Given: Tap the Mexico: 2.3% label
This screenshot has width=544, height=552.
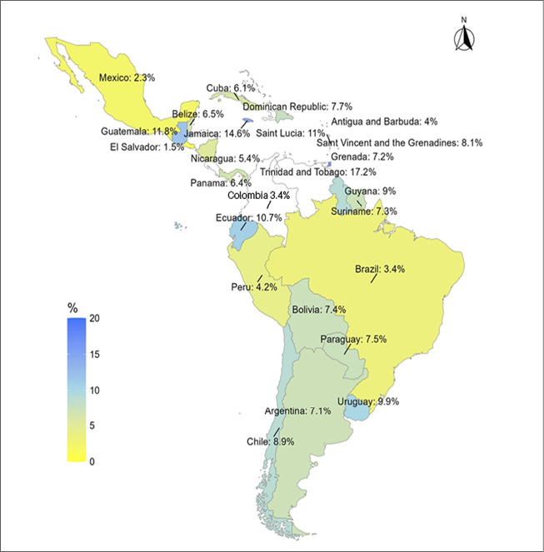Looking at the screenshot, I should (127, 77).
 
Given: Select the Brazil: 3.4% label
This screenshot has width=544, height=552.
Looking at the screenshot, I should (378, 270).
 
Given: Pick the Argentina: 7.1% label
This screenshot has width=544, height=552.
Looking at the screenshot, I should (300, 411).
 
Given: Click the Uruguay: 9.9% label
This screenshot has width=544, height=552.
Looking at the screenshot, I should (368, 401).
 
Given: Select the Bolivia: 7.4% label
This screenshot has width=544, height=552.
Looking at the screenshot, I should (319, 310).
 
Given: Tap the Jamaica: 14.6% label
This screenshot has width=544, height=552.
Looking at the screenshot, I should (217, 132).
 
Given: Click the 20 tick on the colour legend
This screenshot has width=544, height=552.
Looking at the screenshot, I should (92, 318).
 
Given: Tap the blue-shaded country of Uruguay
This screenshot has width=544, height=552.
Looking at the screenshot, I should (356, 410).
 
